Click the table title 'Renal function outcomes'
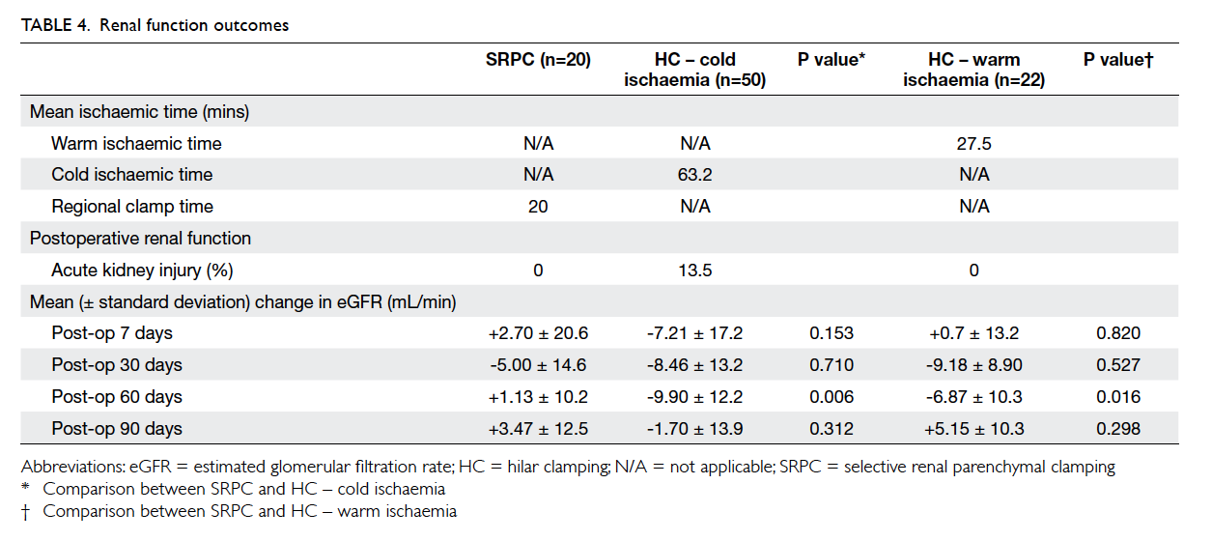coord(194,25)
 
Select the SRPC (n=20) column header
coord(538,60)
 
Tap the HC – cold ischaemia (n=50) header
coord(694,70)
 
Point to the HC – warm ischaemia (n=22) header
coord(973,70)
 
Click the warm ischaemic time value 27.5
coord(973,143)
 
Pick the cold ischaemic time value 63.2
coord(694,175)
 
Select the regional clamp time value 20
coord(538,207)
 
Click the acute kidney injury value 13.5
coord(694,270)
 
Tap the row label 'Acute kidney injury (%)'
coord(142,270)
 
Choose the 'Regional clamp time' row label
coord(132,207)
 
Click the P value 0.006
coord(831,397)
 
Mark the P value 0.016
coord(1118,397)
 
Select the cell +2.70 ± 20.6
coord(538,333)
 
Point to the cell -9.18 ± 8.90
coord(973,365)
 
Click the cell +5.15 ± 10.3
coord(973,429)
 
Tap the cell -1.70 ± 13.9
coord(694,429)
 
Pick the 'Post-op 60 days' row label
coord(117,397)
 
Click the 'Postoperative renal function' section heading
coord(140,239)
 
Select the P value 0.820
coord(1118,333)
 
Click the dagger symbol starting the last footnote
coord(25,512)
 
